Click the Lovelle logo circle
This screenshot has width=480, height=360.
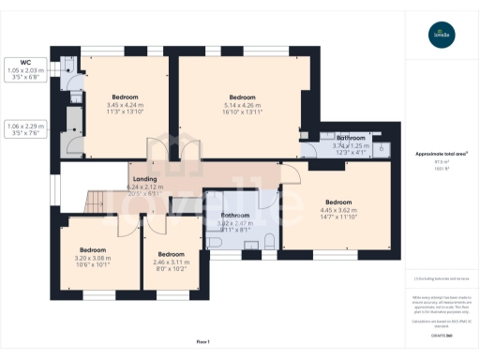[441, 37]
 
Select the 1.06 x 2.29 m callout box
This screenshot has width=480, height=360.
[26, 129]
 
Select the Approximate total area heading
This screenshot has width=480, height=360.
[441, 153]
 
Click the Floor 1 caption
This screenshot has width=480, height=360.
[202, 342]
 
